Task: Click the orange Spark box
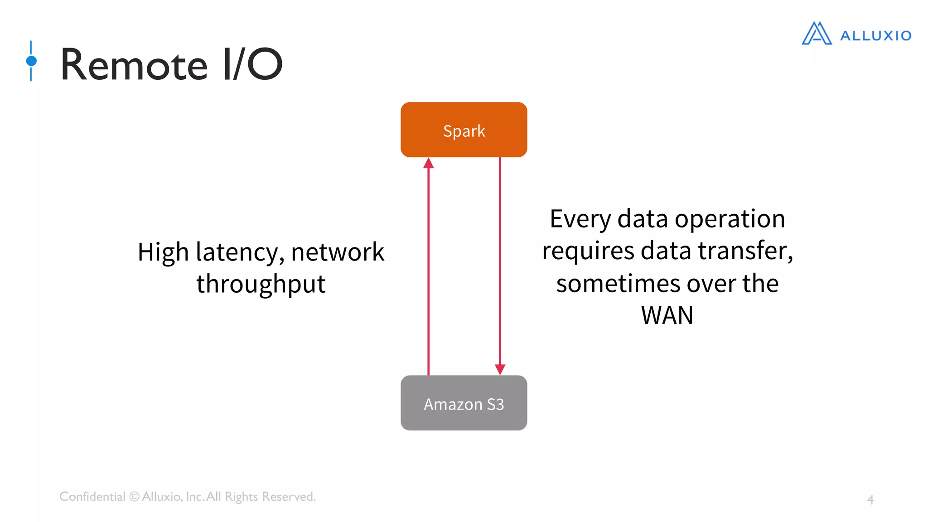pos(464,130)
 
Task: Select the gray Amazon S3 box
pos(464,403)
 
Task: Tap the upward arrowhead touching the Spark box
pos(429,163)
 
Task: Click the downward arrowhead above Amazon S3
pos(500,369)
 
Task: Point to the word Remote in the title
pos(134,65)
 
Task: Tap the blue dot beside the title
pos(31,61)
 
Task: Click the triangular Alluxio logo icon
pos(817,34)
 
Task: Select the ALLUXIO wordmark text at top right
pos(875,36)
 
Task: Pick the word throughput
pos(261,285)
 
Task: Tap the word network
pos(338,252)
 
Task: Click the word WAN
pos(667,315)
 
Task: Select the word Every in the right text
pos(580,219)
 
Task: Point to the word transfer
pos(745,251)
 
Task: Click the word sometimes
pos(618,284)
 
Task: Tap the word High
pos(163,252)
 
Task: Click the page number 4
pos(870,499)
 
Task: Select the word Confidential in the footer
pos(92,497)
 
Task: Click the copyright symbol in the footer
pos(134,497)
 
